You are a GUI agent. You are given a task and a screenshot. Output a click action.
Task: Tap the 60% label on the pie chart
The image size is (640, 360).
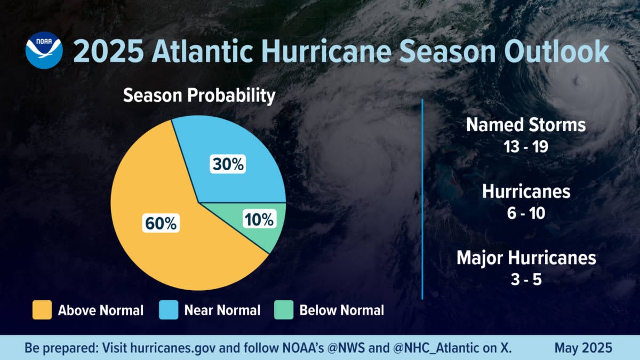pos(160,223)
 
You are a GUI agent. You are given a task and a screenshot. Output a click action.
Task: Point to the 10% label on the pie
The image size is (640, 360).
pos(259,219)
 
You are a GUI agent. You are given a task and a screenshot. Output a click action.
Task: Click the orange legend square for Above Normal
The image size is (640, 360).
pos(42,310)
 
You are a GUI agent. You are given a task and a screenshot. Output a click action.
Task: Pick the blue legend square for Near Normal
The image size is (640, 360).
pos(169,310)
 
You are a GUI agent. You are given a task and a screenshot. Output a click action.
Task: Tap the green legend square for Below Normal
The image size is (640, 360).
pos(284,310)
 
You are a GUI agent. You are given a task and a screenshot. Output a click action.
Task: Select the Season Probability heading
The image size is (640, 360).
pos(199,96)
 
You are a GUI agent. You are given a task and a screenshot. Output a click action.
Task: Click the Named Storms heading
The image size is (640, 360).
pos(526,125)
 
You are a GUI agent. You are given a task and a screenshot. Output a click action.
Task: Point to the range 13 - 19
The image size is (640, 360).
pos(526,147)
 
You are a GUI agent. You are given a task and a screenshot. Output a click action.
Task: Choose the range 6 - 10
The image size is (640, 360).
pos(526,213)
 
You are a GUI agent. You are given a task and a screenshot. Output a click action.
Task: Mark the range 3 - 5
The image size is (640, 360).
pos(526,279)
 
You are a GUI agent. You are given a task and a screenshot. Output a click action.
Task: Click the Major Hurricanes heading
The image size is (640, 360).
pos(526,258)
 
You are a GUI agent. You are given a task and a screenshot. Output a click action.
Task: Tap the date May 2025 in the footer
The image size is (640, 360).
pos(583,348)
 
